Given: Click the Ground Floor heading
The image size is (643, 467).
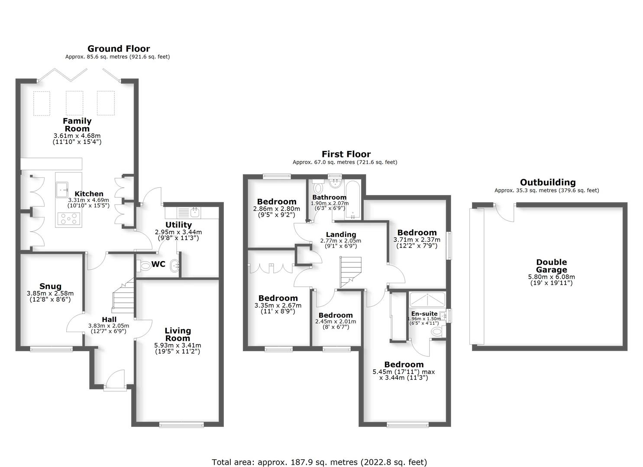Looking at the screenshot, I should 119,49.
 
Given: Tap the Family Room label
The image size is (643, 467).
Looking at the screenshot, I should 77,125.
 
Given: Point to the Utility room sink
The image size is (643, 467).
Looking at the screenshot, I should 195,212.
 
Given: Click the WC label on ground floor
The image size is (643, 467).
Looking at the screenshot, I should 158,264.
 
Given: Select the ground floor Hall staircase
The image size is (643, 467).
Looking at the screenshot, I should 123,296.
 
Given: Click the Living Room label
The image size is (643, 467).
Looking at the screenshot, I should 178,334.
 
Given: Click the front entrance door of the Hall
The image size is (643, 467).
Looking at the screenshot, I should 115,381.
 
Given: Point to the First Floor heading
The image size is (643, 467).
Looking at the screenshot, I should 346,154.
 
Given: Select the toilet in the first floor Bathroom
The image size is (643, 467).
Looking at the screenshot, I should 319,188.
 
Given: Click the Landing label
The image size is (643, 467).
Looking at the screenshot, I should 341,235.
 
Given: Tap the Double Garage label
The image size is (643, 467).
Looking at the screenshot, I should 551,266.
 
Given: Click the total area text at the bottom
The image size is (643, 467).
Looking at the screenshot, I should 319,462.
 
